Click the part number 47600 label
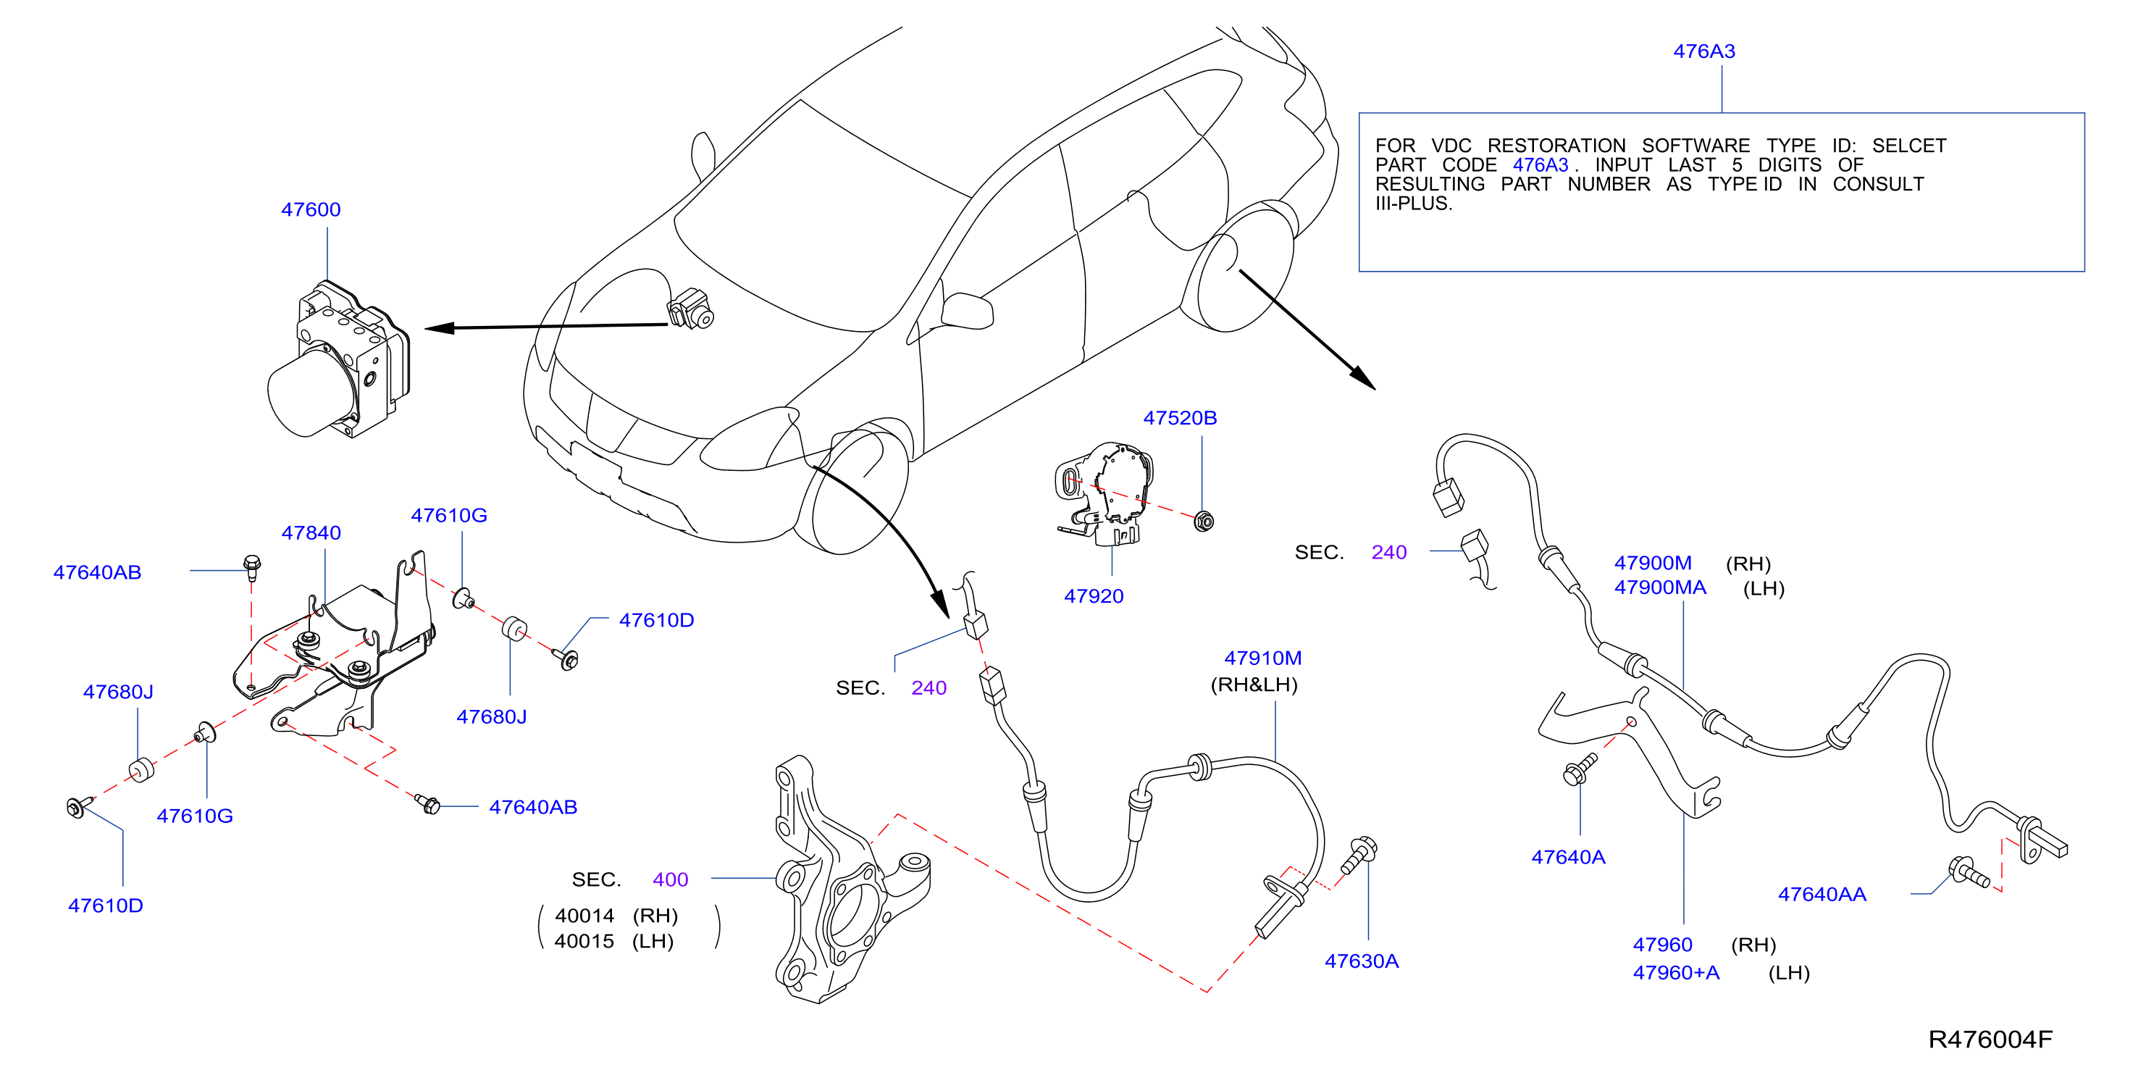pos(311,209)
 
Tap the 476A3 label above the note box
pos(1704,51)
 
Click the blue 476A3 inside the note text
pos(1540,165)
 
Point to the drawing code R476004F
pos(1990,1040)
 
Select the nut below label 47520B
pos(1204,522)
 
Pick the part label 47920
pos(1094,596)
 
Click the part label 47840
pos(311,533)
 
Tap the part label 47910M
pos(1262,658)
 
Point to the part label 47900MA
pos(1660,587)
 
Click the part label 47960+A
pos(1676,973)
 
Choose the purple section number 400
pos(670,880)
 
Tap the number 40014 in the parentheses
pos(584,916)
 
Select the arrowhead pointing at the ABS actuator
pos(440,328)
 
